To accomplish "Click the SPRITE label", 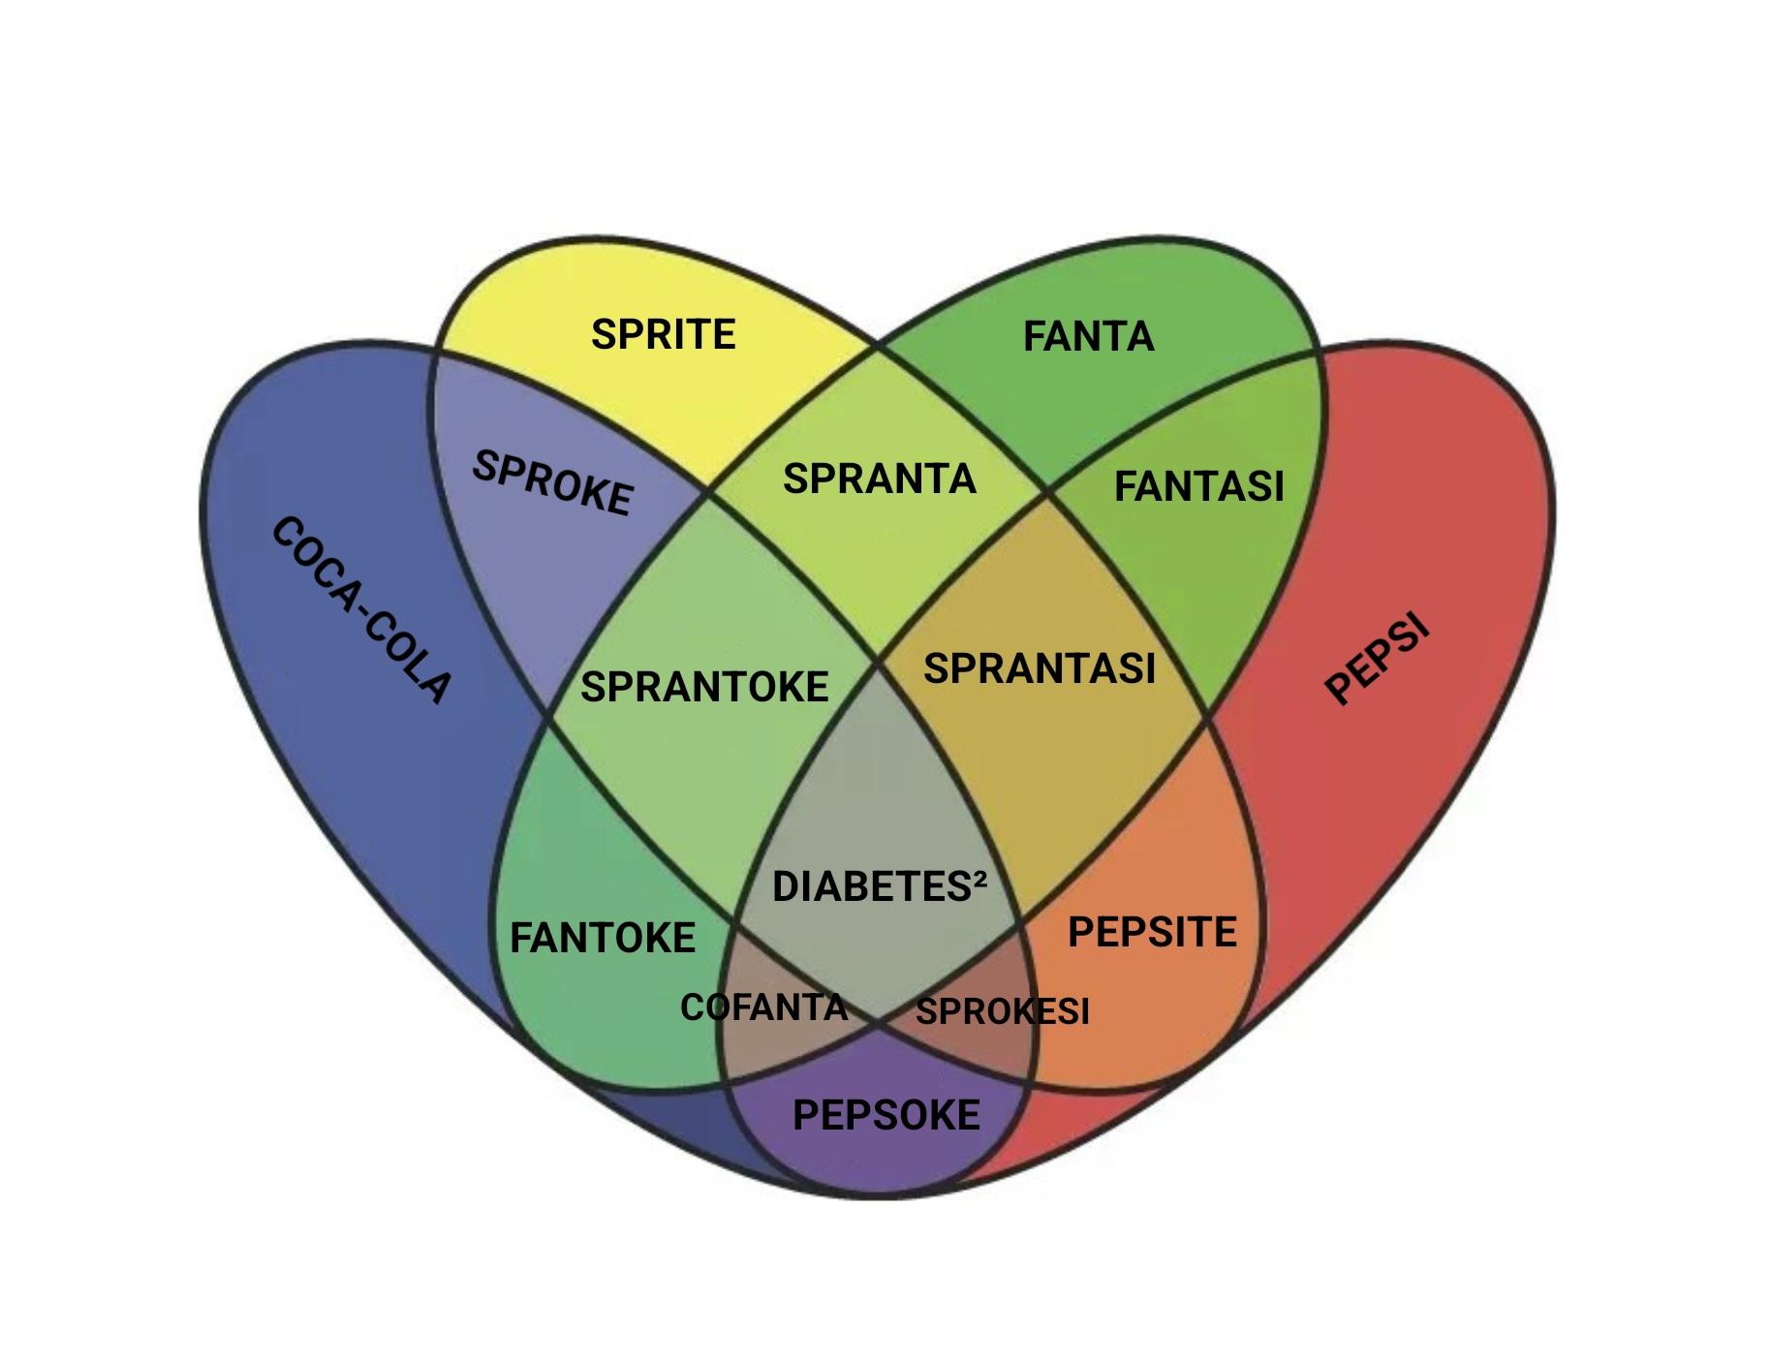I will point(664,334).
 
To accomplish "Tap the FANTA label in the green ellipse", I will point(1089,337).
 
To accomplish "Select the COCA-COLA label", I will point(360,610).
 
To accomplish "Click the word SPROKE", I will point(552,482).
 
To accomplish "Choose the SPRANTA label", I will point(879,480).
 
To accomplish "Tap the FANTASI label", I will point(1198,486).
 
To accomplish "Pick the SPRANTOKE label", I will point(704,687).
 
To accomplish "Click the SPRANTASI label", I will point(1040,668).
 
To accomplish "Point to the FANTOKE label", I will point(603,938).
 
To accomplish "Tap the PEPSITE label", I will point(1152,932).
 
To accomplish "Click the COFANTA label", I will point(764,1007).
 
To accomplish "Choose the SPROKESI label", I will point(1003,1011).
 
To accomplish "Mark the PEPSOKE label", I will point(886,1116).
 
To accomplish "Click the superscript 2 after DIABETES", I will point(979,877).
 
